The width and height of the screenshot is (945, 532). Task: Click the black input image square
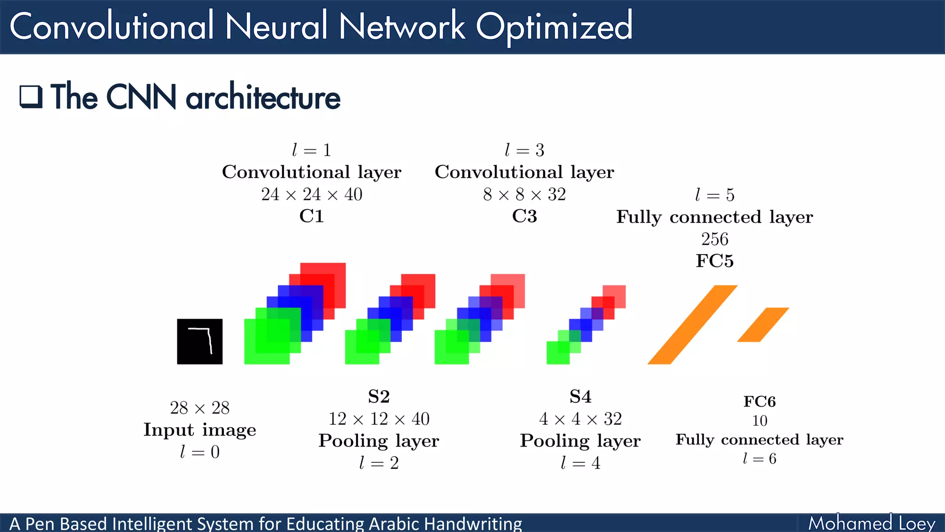click(x=199, y=341)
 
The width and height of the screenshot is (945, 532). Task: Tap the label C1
click(x=311, y=216)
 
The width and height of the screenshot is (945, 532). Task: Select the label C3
click(x=524, y=216)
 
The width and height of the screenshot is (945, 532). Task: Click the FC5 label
click(x=714, y=261)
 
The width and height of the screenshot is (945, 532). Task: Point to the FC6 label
click(x=760, y=401)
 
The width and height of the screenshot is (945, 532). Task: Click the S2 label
click(x=379, y=396)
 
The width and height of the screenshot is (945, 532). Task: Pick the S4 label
click(x=580, y=396)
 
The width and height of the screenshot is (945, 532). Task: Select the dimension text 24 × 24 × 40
click(x=311, y=194)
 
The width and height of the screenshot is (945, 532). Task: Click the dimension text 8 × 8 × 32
click(x=524, y=194)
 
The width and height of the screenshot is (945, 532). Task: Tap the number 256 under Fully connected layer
click(x=714, y=239)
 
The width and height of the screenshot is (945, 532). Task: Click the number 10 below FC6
click(x=760, y=421)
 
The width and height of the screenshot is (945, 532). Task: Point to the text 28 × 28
click(x=199, y=408)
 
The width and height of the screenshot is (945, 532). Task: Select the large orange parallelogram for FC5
click(x=692, y=325)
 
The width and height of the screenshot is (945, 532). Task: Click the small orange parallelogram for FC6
click(x=763, y=325)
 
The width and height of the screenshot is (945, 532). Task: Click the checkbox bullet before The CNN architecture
click(x=31, y=97)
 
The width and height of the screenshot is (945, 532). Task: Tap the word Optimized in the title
click(x=554, y=27)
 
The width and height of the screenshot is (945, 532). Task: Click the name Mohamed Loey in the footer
click(x=871, y=523)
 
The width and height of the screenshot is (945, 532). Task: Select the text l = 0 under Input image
click(x=199, y=452)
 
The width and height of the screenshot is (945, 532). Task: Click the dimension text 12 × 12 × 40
click(x=379, y=419)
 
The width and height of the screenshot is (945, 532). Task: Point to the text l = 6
click(x=760, y=459)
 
